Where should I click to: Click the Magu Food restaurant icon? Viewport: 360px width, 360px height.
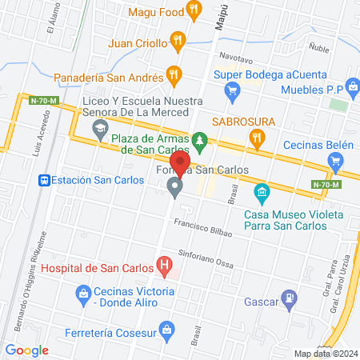click(x=193, y=10)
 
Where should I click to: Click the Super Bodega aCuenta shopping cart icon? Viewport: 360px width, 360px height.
click(x=232, y=90)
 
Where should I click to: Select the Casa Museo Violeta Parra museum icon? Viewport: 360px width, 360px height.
click(x=261, y=193)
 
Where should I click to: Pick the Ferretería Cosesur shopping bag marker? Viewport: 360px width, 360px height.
click(x=166, y=328)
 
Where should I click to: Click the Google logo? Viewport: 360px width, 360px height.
click(x=26, y=350)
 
